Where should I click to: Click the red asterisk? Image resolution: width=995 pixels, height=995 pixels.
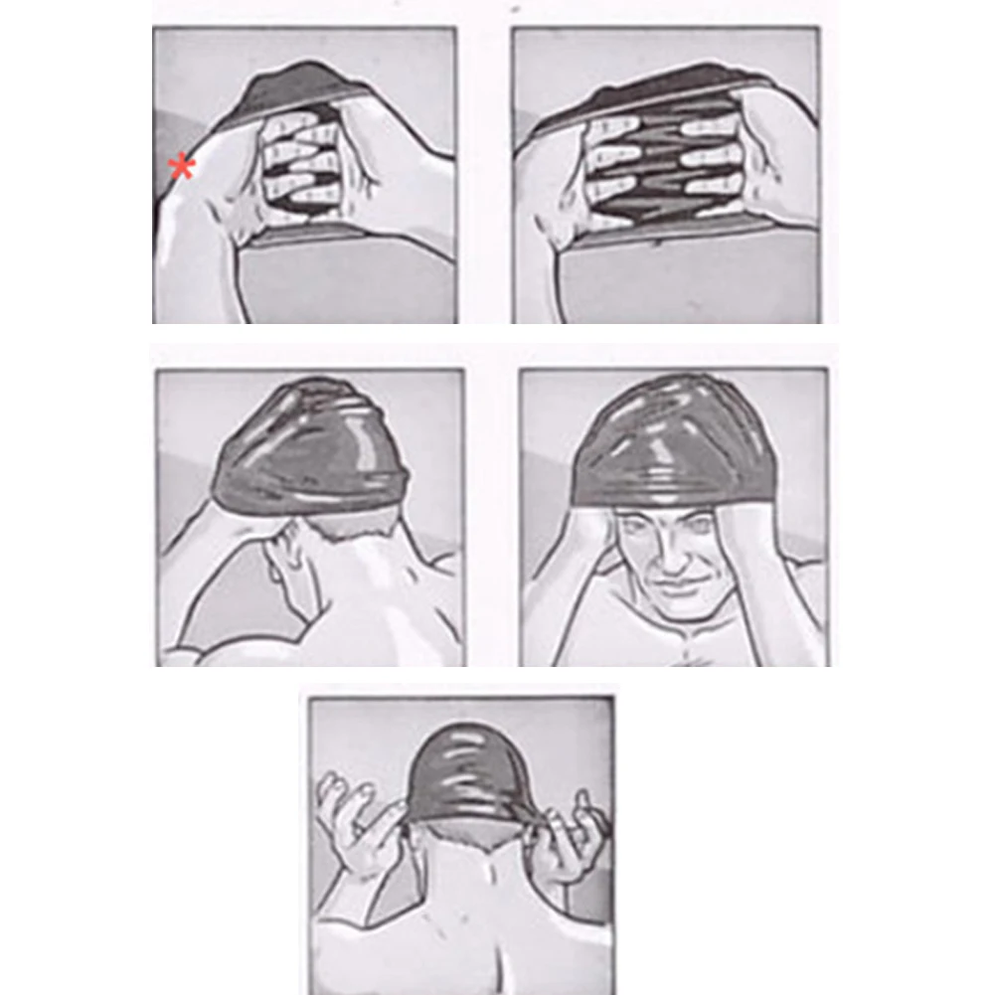coord(182,167)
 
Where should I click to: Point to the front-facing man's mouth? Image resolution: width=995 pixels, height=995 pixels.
coord(680,584)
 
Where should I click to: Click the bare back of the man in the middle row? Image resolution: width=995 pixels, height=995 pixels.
coord(388,606)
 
